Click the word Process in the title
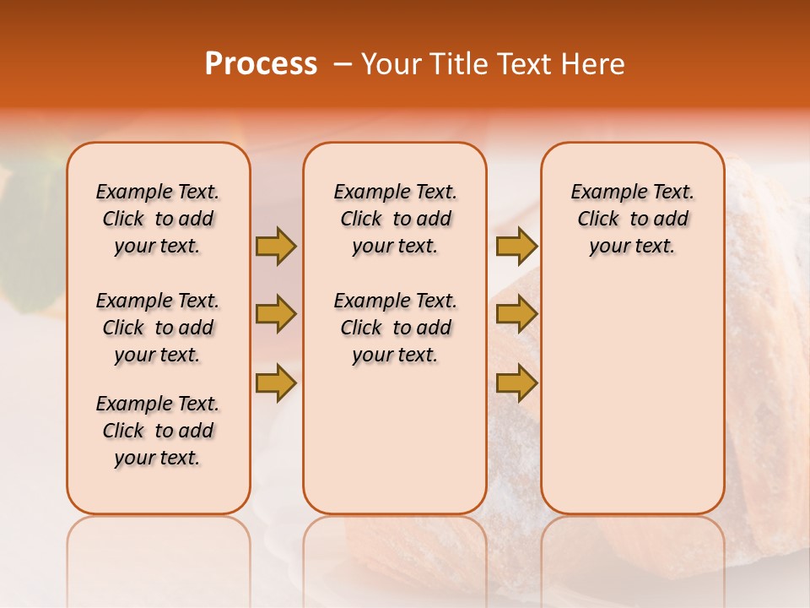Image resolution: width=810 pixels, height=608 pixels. (261, 64)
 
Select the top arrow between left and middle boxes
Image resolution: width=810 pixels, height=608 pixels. (276, 246)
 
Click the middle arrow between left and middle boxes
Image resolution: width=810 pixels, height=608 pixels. (276, 315)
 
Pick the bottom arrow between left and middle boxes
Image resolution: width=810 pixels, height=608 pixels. (276, 383)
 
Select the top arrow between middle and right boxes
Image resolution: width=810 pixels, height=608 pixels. (516, 246)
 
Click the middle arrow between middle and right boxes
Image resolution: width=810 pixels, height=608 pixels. (516, 315)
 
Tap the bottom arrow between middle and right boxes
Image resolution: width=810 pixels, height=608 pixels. (516, 383)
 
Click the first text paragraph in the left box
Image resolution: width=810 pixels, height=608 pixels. (158, 219)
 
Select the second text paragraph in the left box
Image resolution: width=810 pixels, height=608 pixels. (158, 328)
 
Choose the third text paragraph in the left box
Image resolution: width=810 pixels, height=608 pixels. (158, 431)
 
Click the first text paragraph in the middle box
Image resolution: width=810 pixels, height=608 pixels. (395, 219)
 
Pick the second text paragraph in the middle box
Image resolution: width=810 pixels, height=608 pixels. (395, 328)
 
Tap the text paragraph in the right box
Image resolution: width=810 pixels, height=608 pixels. (632, 219)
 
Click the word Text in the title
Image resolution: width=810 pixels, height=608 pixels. (520, 64)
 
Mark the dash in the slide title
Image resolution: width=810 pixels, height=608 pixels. (343, 65)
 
